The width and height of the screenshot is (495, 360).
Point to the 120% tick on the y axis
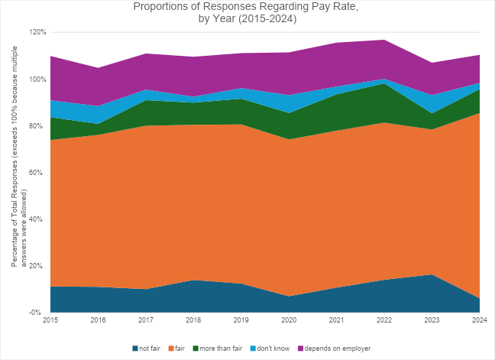(x=38, y=33)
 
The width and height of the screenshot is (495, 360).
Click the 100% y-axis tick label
(x=38, y=79)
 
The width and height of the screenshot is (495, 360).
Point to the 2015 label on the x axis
(x=51, y=319)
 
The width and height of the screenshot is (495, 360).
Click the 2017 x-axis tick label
(x=146, y=319)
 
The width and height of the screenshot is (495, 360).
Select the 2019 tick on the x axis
(x=241, y=319)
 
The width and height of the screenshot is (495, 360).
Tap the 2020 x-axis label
(x=289, y=319)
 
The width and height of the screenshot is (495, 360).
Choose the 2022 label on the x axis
(x=384, y=319)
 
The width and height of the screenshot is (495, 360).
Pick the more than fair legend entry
(x=221, y=349)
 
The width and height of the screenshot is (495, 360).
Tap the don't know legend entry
(x=272, y=349)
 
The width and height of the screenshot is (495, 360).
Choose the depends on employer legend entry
(x=332, y=349)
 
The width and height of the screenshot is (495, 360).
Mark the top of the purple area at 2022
(x=384, y=40)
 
